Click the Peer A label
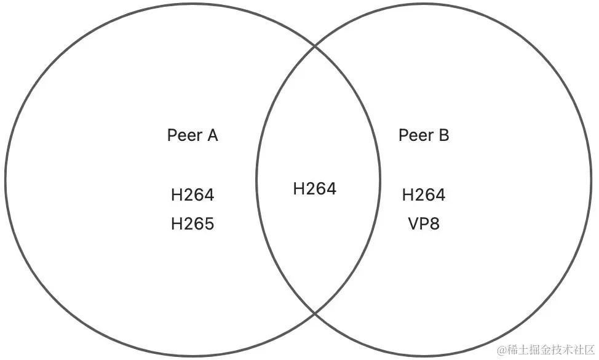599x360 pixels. [x=192, y=135]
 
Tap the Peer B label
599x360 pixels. [x=424, y=135]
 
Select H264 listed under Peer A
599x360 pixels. [x=192, y=195]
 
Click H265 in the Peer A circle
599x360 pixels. [x=192, y=223]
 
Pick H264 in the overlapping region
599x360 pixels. [x=315, y=189]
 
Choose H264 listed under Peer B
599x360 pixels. [x=424, y=195]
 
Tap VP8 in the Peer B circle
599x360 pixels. [x=424, y=223]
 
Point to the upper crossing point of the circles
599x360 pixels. [x=315, y=45]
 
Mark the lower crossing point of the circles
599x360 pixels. [x=315, y=313]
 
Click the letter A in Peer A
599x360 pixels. [x=212, y=135]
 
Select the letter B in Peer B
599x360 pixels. [x=443, y=135]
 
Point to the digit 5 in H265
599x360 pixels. [x=209, y=223]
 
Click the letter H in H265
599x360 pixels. [x=177, y=223]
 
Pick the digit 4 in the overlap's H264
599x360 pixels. [x=331, y=189]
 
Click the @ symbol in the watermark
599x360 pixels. [x=502, y=350]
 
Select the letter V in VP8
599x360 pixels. [x=413, y=223]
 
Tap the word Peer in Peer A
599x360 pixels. [x=182, y=135]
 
